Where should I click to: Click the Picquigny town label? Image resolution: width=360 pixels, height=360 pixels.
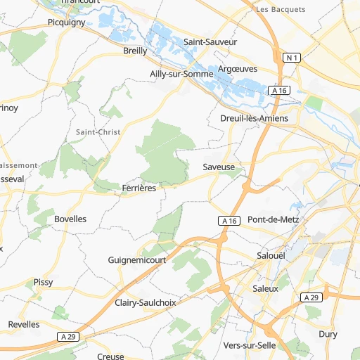click(66, 22)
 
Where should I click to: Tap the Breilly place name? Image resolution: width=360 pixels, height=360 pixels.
click(135, 51)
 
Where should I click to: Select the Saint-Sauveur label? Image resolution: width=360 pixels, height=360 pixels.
click(210, 41)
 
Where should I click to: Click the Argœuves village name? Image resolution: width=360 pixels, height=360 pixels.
click(238, 69)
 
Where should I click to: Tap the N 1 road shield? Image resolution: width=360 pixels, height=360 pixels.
click(293, 57)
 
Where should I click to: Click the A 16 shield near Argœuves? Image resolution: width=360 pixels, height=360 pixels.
click(278, 90)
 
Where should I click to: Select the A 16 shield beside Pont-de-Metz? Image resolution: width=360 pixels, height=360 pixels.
click(228, 221)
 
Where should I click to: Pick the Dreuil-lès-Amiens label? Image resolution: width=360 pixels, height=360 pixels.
click(254, 118)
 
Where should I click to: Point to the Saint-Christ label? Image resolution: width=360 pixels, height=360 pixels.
click(98, 131)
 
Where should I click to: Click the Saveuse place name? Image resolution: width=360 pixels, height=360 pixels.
click(218, 167)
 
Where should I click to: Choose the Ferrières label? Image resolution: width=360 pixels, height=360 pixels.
click(139, 188)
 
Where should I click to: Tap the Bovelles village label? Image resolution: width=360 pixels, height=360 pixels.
click(70, 219)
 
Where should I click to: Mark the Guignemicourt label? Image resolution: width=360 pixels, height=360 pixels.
click(136, 259)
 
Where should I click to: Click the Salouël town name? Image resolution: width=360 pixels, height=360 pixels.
click(271, 256)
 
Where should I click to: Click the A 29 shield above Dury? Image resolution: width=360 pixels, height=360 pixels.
click(312, 297)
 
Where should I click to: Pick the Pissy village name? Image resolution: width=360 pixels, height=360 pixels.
click(43, 282)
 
